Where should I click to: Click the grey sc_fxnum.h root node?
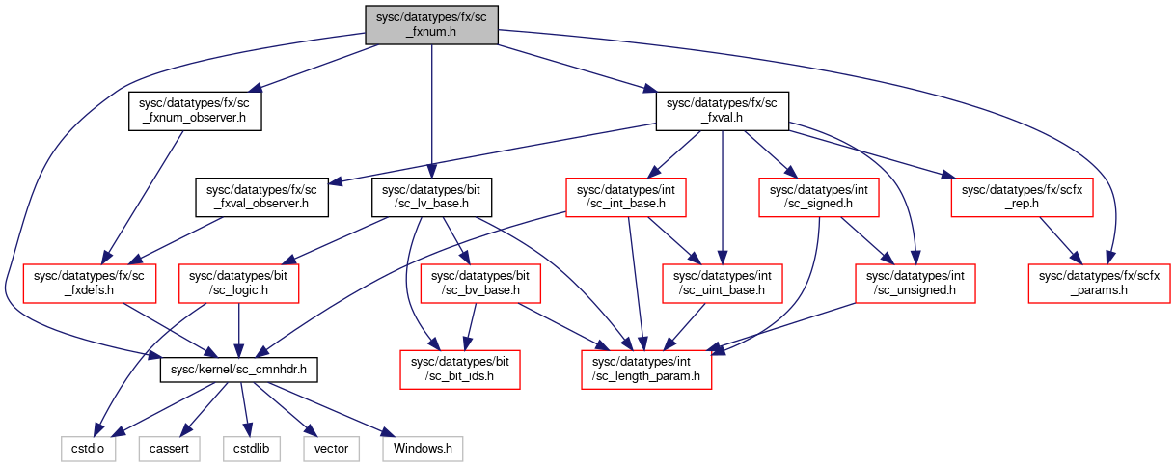click(431, 25)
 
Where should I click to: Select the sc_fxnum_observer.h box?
click(195, 111)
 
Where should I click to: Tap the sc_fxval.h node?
click(722, 111)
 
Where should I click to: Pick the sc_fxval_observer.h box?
click(261, 197)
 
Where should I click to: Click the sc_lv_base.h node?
click(431, 197)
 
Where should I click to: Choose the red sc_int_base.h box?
click(626, 197)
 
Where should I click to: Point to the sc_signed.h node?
click(818, 197)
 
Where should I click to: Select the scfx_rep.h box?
click(1022, 197)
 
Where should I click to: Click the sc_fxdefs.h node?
click(89, 284)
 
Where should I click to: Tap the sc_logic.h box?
click(238, 284)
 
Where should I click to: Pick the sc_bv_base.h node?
click(480, 284)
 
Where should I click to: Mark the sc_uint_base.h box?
click(723, 284)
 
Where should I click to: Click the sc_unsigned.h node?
click(915, 284)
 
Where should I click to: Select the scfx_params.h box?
click(1099, 284)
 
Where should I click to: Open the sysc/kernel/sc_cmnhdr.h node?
click(238, 370)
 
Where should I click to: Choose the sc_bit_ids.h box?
click(460, 370)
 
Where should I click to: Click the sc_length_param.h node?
click(646, 370)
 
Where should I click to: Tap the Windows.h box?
click(423, 449)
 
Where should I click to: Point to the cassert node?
click(170, 449)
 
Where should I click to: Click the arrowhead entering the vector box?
click(311, 430)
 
